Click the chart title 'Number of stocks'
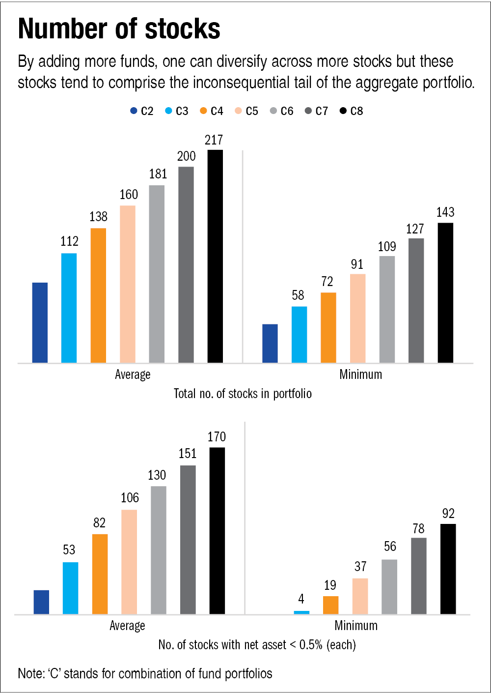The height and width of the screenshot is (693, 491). pos(119,29)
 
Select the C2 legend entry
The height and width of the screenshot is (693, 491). pos(142,111)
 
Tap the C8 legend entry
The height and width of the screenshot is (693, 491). pos(352,111)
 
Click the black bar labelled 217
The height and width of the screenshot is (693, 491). pos(215,256)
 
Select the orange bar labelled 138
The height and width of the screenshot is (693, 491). pos(98,295)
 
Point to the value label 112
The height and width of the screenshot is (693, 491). pos(69,241)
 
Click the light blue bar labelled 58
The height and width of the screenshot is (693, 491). pos(299,335)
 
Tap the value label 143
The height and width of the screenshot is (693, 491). pos(445,212)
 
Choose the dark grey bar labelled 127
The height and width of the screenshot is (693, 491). pos(416,300)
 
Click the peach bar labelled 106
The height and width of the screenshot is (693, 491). pos(129,562)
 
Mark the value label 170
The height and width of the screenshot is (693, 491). pos(217,437)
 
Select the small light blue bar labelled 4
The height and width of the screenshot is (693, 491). pos(301,612)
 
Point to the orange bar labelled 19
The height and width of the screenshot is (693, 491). pos(330,605)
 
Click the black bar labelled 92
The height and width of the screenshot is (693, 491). pos(448,569)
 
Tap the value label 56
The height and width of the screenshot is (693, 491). pos(390,547)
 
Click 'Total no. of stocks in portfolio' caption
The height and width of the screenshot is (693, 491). pos(243,394)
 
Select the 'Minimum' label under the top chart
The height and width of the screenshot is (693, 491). pos(360,375)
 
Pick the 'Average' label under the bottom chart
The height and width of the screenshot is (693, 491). pos(127,626)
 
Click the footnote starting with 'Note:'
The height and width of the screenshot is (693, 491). pos(145,673)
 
